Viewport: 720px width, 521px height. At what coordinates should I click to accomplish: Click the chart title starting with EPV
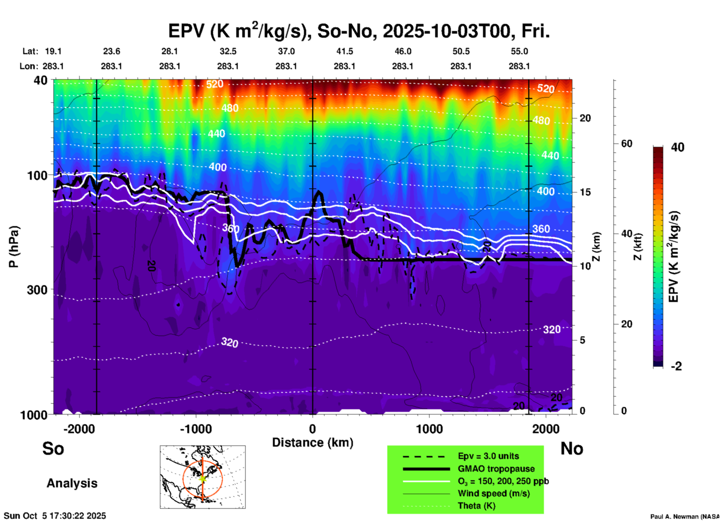359,31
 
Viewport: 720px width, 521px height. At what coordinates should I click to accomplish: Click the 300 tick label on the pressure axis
37,290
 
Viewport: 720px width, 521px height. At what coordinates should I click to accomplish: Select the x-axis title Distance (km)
313,443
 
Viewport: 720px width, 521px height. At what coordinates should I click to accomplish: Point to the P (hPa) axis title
13,247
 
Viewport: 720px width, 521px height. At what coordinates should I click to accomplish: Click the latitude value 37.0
286,51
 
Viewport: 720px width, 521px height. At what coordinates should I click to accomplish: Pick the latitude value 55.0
519,51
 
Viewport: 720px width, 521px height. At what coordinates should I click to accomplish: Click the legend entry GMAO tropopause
496,469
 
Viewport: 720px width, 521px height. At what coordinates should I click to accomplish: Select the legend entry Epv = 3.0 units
488,456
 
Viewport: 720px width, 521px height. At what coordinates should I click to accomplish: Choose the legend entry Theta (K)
476,506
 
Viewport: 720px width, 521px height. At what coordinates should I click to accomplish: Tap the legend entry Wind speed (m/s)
493,493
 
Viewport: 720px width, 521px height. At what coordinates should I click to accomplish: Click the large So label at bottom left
53,448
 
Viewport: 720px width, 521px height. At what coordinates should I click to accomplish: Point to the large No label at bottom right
572,448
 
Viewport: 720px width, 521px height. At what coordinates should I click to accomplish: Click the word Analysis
72,483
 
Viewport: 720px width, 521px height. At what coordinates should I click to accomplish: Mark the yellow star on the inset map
202,478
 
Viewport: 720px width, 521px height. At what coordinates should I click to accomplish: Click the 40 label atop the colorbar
677,147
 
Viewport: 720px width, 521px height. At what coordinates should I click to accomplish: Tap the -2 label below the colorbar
676,366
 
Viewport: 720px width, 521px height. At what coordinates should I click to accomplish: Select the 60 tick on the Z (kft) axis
627,144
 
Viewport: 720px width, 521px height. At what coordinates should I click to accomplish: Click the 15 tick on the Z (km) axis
585,192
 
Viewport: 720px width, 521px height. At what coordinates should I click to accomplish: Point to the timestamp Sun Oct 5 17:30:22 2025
55,516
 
